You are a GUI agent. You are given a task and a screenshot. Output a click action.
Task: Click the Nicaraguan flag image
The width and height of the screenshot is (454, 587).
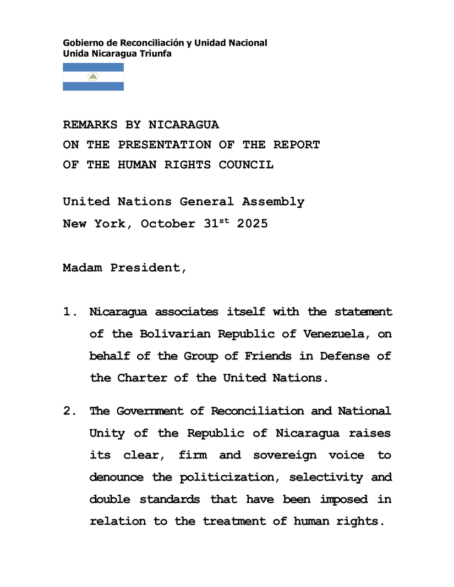pos(93,77)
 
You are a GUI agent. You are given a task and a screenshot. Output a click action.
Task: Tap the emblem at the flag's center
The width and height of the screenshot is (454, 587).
pos(93,77)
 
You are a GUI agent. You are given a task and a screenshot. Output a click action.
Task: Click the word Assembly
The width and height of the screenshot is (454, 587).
pos(273,202)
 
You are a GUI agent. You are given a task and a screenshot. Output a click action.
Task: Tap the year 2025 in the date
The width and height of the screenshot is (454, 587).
pos(252,224)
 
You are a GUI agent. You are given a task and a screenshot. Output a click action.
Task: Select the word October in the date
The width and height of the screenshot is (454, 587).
pos(168,224)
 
